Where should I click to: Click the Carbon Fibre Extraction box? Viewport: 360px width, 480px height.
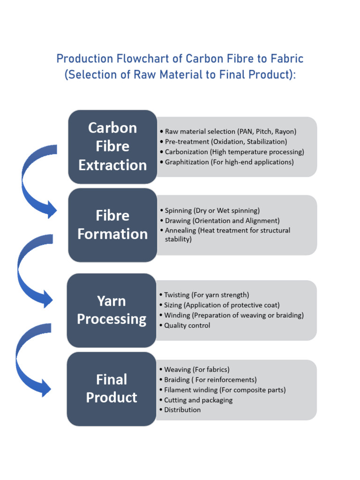coord(112,146)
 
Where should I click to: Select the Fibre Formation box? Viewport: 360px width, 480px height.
coord(112,225)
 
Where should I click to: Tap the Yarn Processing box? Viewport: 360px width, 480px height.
coord(112,310)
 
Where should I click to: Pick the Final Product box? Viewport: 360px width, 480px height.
coord(112,389)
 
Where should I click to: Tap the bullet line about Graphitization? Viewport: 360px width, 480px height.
coord(229,162)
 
